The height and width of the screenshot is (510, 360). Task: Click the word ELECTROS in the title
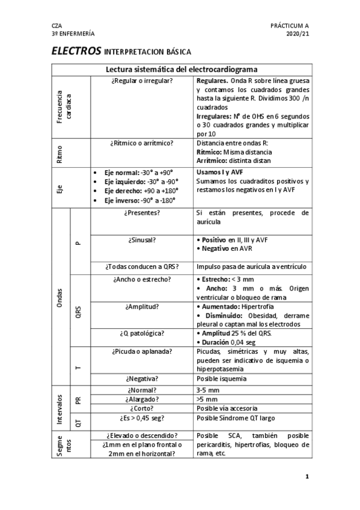point(76,52)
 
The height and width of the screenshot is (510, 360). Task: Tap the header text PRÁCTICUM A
point(290,26)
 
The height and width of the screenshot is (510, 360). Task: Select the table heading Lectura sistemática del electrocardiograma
point(182,70)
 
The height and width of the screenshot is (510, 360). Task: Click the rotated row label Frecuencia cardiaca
point(64,107)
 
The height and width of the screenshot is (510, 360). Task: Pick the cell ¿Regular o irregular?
point(142,80)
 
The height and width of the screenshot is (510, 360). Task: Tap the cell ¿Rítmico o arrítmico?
point(142,143)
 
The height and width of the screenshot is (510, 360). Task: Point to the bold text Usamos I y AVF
point(220,172)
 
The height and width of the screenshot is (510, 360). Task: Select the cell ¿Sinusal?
point(142,240)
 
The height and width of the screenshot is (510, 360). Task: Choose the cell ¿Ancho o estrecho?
point(142,280)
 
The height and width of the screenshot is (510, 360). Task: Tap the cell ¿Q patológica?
point(142,333)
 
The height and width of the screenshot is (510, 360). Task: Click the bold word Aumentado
point(221,307)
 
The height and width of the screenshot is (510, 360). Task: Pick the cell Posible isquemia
point(221,379)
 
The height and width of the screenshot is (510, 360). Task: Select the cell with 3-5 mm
point(207,390)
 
